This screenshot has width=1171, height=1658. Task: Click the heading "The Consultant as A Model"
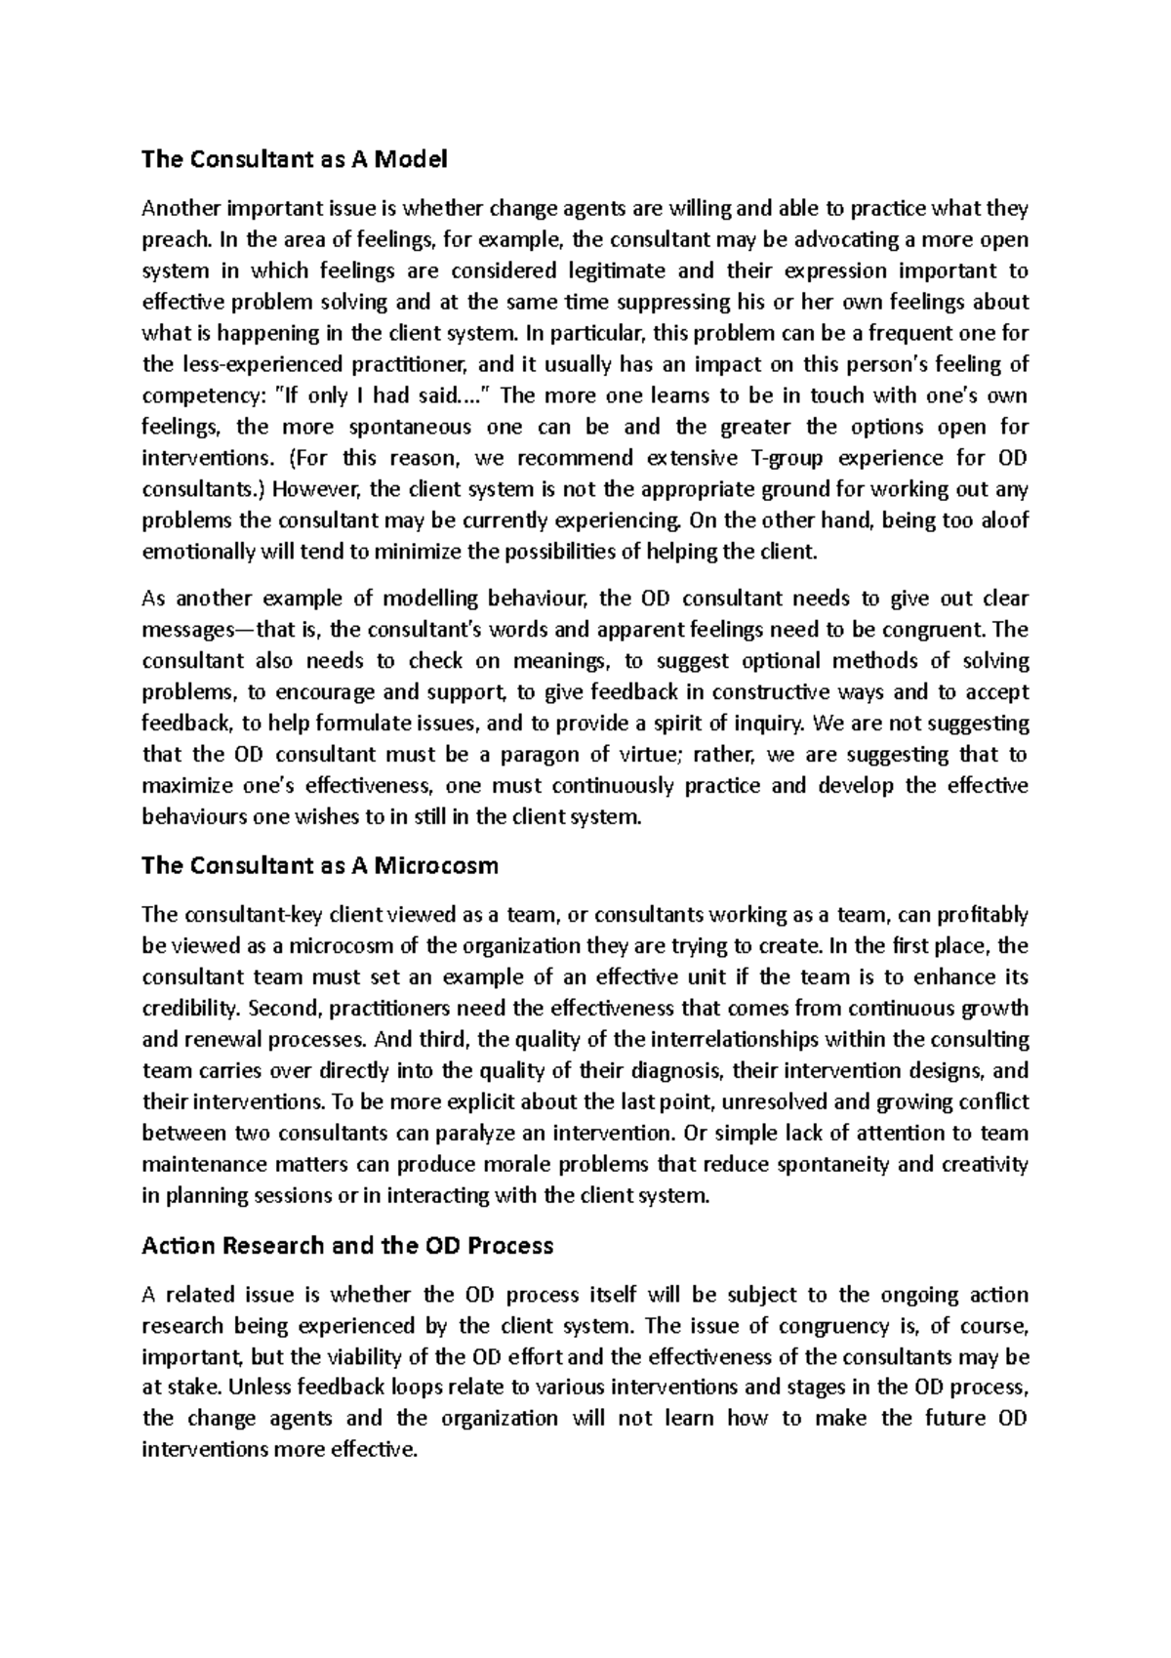pyautogui.click(x=294, y=159)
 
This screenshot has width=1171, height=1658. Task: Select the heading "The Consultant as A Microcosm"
pyautogui.click(x=320, y=865)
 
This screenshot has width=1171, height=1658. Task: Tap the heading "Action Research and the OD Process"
pyautogui.click(x=347, y=1246)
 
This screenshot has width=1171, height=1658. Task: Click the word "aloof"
pyautogui.click(x=1000, y=520)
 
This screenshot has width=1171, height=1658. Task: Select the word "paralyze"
pyautogui.click(x=473, y=1134)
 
